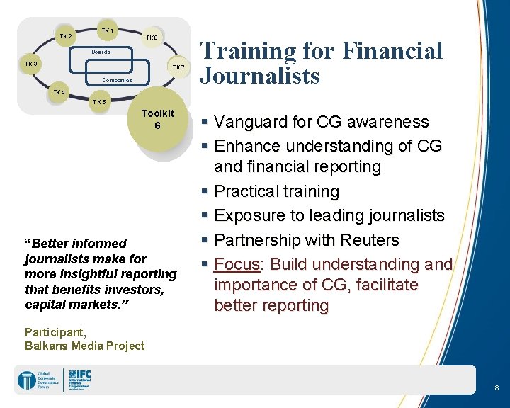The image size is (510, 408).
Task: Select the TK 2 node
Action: click(x=65, y=36)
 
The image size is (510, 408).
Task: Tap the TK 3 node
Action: click(x=31, y=64)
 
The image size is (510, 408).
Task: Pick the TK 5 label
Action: click(x=100, y=102)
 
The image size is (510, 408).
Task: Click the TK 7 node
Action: click(x=178, y=67)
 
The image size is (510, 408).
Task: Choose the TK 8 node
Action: click(x=152, y=38)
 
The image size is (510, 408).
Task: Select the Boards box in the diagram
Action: click(x=101, y=52)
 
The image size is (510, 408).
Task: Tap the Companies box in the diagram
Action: click(x=116, y=80)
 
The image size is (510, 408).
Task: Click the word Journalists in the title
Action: click(x=260, y=75)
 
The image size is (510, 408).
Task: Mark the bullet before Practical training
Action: click(x=205, y=191)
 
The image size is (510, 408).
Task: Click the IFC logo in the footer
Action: click(x=79, y=380)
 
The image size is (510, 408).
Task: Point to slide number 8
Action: click(x=497, y=388)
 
